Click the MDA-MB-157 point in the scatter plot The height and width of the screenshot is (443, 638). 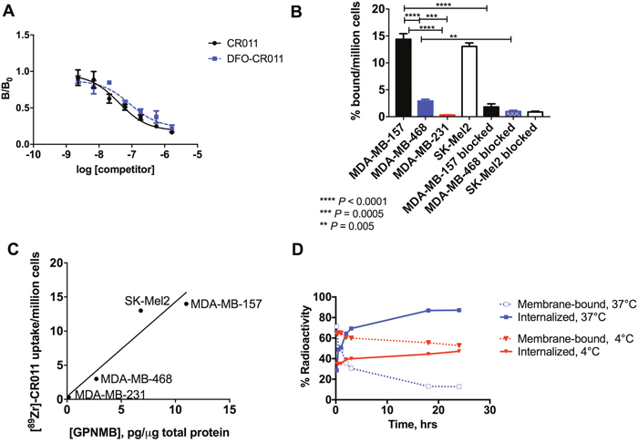pos(186,304)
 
